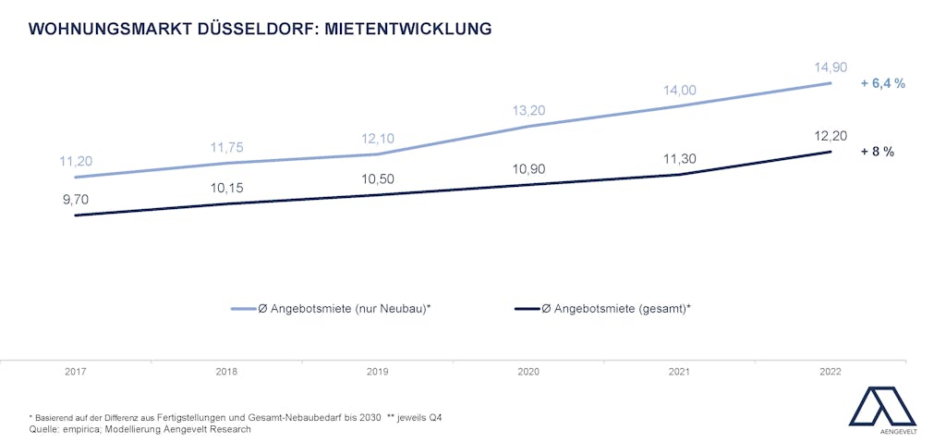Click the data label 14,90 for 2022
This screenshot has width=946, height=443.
pyautogui.click(x=830, y=68)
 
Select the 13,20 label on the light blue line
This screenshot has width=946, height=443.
pyautogui.click(x=528, y=111)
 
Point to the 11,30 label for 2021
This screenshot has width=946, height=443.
pyautogui.click(x=679, y=159)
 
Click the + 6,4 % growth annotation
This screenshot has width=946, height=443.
pyautogui.click(x=882, y=83)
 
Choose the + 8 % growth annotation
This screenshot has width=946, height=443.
pyautogui.click(x=877, y=152)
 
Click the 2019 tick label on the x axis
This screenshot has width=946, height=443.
pyautogui.click(x=377, y=372)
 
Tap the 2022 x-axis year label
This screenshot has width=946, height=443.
pyautogui.click(x=830, y=372)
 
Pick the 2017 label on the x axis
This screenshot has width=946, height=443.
pyautogui.click(x=76, y=372)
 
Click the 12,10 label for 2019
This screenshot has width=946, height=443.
pyautogui.click(x=377, y=138)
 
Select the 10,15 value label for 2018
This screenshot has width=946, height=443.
pyautogui.click(x=226, y=188)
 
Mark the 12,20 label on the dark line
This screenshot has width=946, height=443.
pyautogui.click(x=830, y=135)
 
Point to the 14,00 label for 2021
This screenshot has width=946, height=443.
pyautogui.click(x=679, y=90)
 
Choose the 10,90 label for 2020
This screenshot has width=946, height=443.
pyautogui.click(x=528, y=169)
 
